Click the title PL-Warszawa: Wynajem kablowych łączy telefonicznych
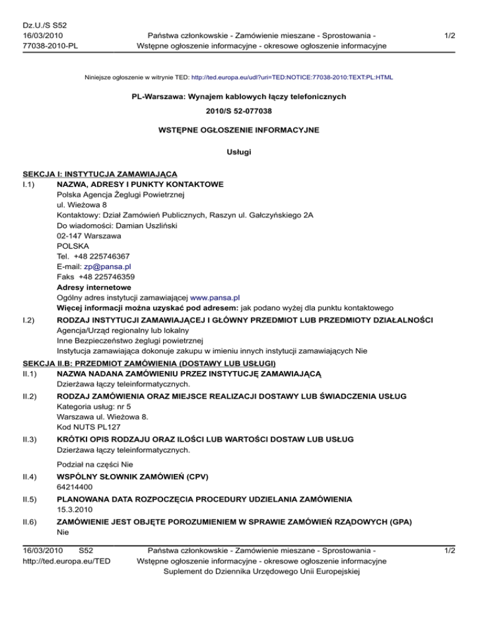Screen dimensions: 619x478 click(x=239, y=97)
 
